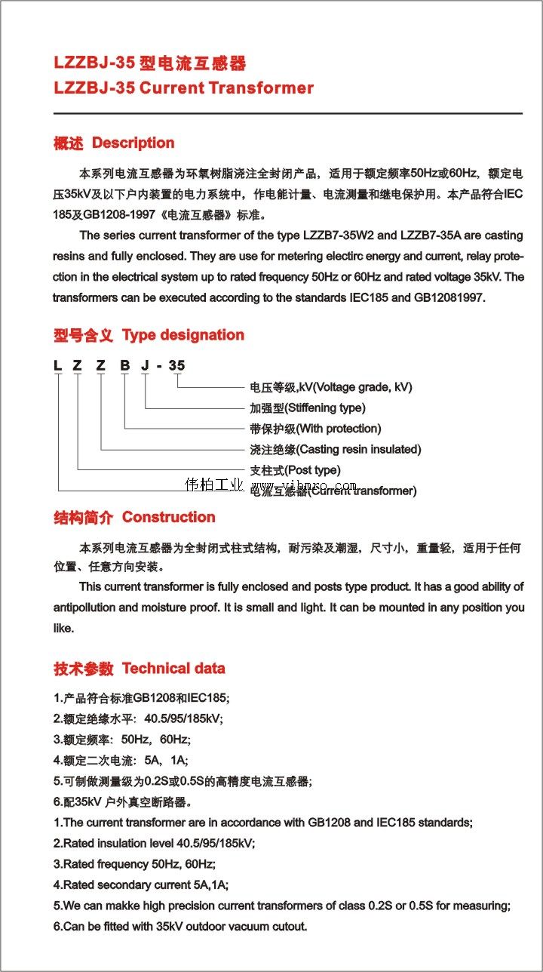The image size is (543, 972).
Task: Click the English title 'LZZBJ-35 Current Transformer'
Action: pos(183,88)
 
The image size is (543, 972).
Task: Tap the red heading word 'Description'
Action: pos(133,143)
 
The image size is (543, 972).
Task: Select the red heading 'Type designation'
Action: pos(183,334)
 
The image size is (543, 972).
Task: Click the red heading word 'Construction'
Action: pos(168,517)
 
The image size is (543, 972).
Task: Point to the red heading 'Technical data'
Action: pos(173,668)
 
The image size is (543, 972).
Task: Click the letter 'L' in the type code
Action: pos(57,366)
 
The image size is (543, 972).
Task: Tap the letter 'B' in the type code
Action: pos(124,366)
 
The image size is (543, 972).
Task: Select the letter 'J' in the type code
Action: pos(145,366)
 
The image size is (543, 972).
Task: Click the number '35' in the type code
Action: pos(176,366)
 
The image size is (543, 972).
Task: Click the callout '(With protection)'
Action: pos(339,429)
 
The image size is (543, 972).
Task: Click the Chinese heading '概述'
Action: pos(68,143)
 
